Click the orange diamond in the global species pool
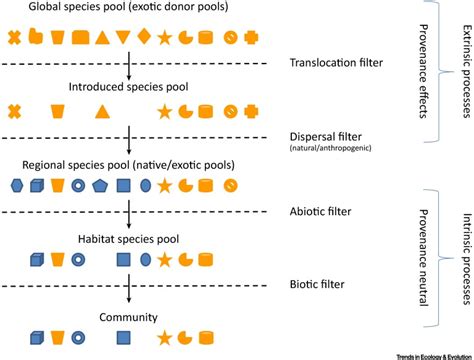(144, 38)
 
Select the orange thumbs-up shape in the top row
(35, 38)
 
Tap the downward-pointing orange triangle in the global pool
(122, 38)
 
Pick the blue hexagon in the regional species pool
(14, 185)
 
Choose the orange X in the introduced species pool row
(14, 110)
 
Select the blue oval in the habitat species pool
(145, 258)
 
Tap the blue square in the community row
(122, 333)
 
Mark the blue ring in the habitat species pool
(79, 258)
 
